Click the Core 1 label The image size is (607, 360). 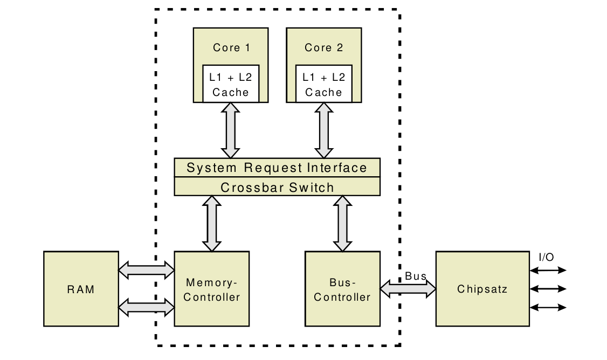coord(231,47)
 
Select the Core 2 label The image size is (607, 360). coord(323,47)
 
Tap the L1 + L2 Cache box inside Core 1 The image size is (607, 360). coord(231,84)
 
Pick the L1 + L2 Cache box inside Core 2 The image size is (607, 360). coord(323,84)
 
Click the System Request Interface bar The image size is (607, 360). coord(277,168)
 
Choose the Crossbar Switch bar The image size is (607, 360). coord(277,187)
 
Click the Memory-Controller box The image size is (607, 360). coord(211,289)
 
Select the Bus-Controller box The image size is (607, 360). coord(342,289)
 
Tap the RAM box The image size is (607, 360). coord(81,289)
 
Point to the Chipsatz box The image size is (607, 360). coord(482,289)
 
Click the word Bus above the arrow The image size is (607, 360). coord(416,276)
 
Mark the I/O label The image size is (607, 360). coord(546,257)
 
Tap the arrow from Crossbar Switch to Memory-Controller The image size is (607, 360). coord(211,223)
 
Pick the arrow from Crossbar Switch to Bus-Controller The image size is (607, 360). coord(342,223)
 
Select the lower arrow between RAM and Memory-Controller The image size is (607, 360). coord(146,307)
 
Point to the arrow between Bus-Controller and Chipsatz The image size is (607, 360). coord(408,289)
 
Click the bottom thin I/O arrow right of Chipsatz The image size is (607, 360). coord(549,307)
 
